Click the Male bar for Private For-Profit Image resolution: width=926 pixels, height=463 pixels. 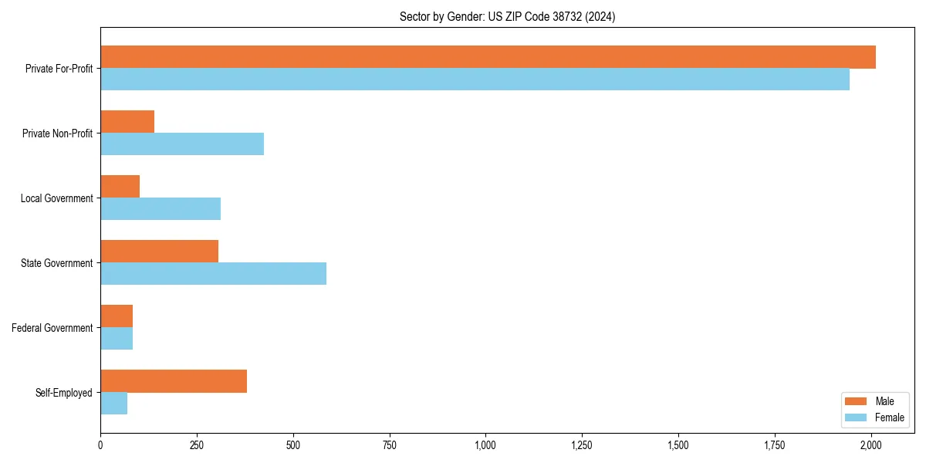488,57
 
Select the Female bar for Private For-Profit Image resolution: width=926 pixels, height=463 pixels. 475,79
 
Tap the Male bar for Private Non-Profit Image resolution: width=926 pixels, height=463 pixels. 127,122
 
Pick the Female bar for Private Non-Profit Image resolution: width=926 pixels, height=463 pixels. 182,144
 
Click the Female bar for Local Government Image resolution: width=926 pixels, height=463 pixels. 161,209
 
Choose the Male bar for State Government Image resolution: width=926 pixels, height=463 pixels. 159,252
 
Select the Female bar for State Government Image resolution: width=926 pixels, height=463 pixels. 213,274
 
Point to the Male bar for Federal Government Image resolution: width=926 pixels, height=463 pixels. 117,316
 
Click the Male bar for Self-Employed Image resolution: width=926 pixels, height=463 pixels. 174,381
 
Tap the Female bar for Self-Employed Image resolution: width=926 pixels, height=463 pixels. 113,404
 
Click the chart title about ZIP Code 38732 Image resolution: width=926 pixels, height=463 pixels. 507,16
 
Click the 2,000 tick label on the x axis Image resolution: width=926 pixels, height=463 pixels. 870,445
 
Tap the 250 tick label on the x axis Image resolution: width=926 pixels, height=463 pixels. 197,445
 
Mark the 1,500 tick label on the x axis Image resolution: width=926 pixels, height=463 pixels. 678,445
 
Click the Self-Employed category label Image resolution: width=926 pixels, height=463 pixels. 64,393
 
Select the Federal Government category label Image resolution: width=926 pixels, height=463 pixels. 52,328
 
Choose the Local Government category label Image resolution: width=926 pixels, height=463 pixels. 57,198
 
